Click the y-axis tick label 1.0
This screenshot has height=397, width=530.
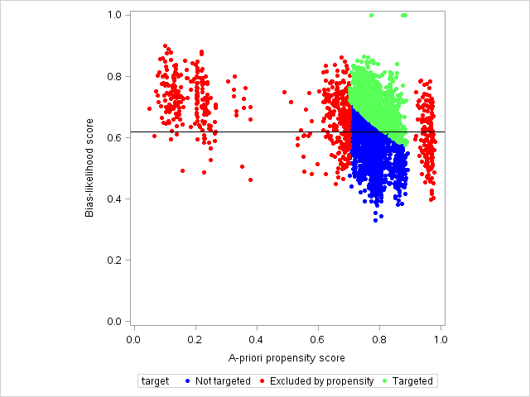point(115,15)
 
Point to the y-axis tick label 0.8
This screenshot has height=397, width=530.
point(115,76)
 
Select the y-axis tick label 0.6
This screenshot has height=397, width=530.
point(115,137)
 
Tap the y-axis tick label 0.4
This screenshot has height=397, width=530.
point(115,198)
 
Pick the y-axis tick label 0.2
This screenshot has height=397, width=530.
point(115,260)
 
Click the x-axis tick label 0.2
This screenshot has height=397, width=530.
point(195,338)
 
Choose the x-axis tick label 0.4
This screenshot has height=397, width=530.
point(257,338)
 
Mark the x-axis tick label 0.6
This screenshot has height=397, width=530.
point(318,338)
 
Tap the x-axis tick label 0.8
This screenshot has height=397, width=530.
point(379,338)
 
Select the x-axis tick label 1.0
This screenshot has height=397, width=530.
point(440,338)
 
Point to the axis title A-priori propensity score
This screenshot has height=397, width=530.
point(287,358)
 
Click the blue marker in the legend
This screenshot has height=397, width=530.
point(188,381)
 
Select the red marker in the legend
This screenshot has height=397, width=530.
point(262,381)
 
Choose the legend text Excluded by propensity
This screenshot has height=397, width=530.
point(319,381)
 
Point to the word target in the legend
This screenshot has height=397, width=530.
point(155,381)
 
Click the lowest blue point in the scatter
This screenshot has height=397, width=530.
point(375,221)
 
